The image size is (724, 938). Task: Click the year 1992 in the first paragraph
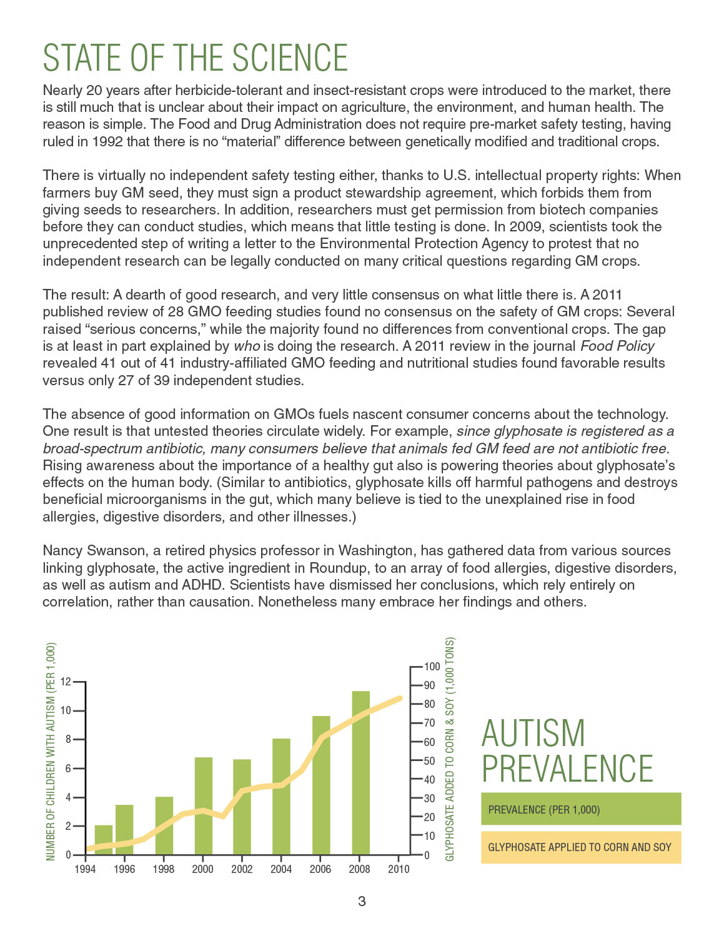[107, 141]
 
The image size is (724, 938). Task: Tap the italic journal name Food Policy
[617, 346]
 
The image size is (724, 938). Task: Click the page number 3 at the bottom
[362, 901]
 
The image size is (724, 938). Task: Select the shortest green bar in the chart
[104, 840]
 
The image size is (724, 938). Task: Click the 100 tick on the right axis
[432, 667]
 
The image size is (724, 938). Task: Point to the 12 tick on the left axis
[64, 682]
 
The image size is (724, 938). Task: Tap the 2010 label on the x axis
[399, 869]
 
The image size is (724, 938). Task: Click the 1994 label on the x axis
[85, 869]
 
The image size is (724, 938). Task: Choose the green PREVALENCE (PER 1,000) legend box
[580, 809]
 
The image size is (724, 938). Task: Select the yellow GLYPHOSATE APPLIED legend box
[580, 847]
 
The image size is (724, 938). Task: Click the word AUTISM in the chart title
[533, 734]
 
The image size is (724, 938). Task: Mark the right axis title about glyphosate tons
[450, 749]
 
